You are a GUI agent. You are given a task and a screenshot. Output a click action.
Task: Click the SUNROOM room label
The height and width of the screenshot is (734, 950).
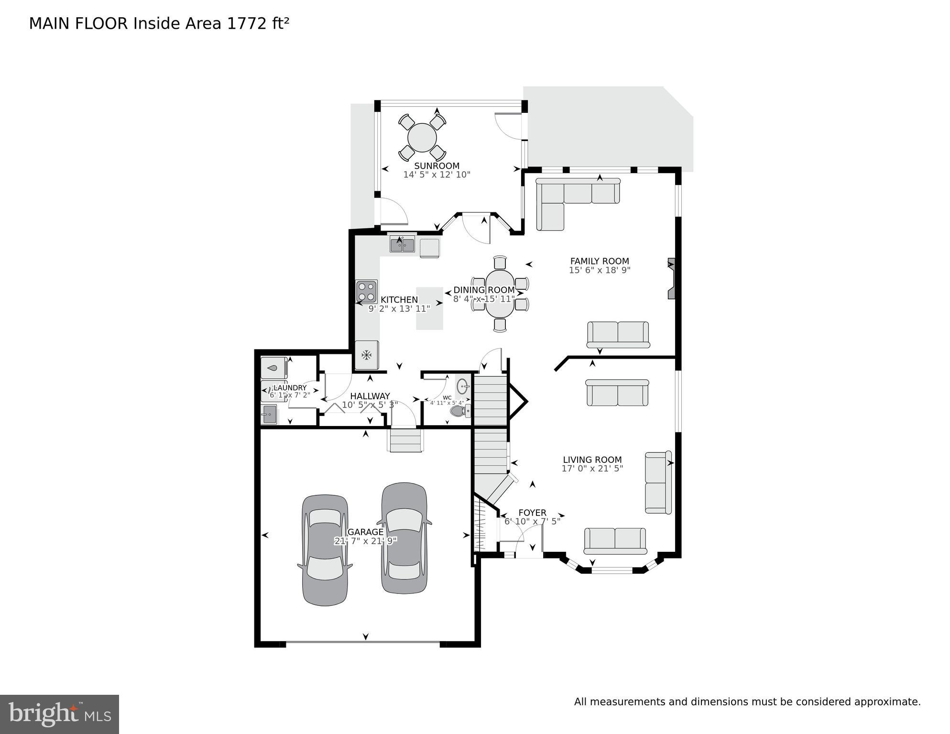[437, 166]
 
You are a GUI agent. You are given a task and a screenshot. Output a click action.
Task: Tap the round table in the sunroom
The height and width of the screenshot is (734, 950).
[422, 138]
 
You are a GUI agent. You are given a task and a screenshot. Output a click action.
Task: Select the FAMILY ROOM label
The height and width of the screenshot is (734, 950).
[600, 261]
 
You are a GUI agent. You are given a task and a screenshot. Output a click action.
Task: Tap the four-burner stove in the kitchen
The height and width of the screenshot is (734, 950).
[367, 292]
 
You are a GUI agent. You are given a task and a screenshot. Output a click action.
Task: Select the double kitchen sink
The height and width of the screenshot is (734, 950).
[402, 245]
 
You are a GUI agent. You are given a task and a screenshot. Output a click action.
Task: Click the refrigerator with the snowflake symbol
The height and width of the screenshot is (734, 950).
[367, 355]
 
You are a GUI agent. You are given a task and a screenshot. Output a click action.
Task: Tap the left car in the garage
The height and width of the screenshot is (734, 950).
[325, 550]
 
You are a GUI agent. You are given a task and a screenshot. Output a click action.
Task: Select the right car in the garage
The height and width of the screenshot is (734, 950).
[404, 538]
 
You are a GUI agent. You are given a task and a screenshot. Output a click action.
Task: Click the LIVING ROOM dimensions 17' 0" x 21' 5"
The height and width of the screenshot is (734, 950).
[592, 469]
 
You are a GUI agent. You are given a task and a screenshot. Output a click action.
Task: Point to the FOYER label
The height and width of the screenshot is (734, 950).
[532, 513]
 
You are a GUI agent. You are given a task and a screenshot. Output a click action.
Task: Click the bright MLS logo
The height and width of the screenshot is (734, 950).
[59, 714]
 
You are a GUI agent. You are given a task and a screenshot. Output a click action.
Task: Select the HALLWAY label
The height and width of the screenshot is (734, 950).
[370, 396]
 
